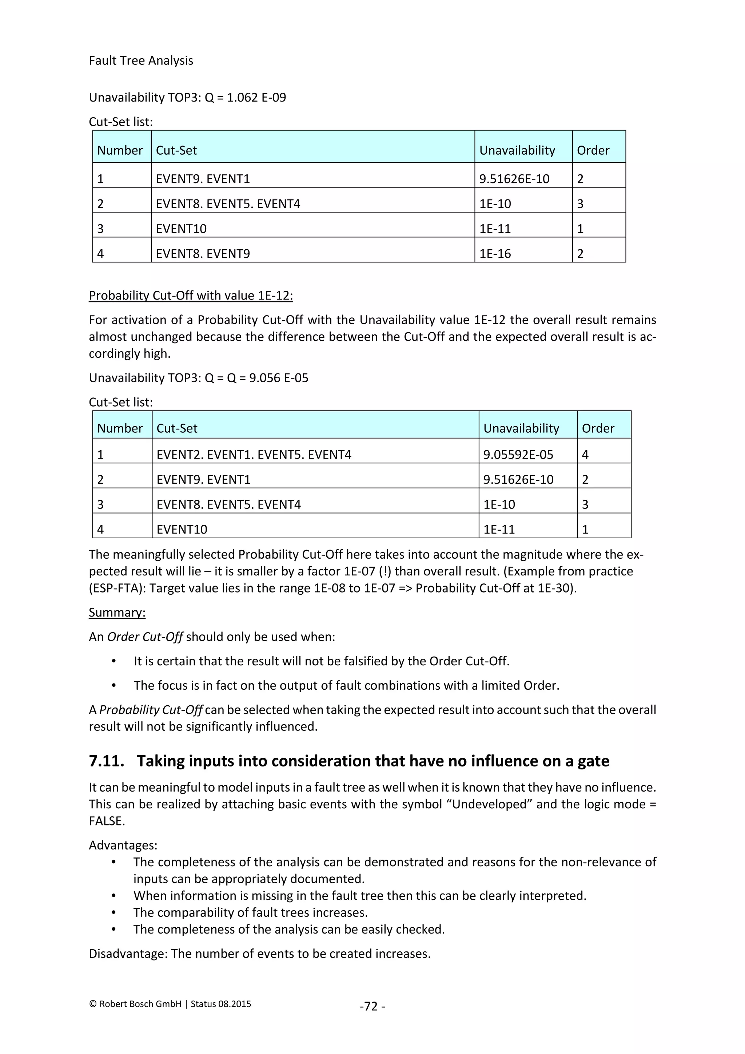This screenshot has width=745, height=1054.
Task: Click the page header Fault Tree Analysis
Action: (141, 60)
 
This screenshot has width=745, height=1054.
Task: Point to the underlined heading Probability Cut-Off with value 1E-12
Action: (191, 295)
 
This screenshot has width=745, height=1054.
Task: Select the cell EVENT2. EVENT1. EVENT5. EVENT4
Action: (254, 455)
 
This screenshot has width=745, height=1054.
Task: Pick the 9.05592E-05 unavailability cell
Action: (518, 455)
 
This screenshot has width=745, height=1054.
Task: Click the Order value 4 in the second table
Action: (585, 455)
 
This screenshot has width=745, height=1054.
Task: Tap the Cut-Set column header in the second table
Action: (177, 428)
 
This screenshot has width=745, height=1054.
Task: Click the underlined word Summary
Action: (117, 613)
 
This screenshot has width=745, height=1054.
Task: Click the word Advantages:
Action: (123, 845)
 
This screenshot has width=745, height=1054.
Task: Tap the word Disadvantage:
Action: (128, 954)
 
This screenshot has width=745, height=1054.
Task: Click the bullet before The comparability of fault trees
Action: (114, 913)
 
